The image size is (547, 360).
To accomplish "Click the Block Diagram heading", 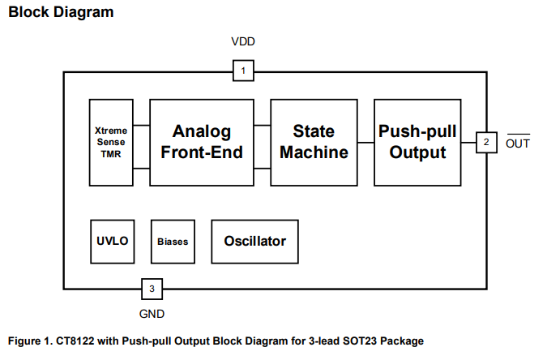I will (61, 12).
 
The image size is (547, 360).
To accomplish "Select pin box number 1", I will (243, 71).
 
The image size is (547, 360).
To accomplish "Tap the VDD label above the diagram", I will (243, 42).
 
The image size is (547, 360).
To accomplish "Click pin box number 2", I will (485, 143).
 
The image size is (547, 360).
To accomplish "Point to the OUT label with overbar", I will (517, 144).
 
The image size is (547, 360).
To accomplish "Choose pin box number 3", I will (151, 288).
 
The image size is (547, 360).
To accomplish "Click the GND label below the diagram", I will (152, 313).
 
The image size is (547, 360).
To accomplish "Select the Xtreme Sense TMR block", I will (110, 142).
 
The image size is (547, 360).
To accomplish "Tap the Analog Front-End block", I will (201, 142).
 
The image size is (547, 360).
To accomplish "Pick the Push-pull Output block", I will (417, 142).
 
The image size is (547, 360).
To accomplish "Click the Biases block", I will (172, 241).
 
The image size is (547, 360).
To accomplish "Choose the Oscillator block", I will (255, 241).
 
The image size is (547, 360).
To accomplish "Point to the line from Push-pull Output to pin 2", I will (468, 143).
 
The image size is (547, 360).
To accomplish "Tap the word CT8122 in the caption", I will (81, 341).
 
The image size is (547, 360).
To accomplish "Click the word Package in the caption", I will (401, 341).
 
